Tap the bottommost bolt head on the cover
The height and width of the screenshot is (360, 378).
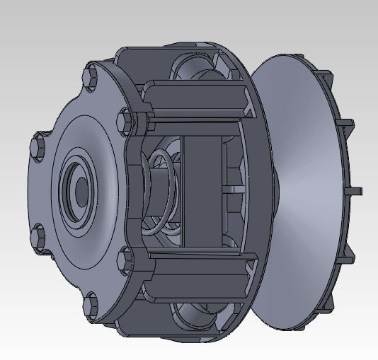pyautogui.click(x=91, y=306)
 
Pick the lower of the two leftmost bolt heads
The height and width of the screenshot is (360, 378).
pyautogui.click(x=38, y=234)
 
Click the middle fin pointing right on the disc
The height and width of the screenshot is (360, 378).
pyautogui.click(x=356, y=190)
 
